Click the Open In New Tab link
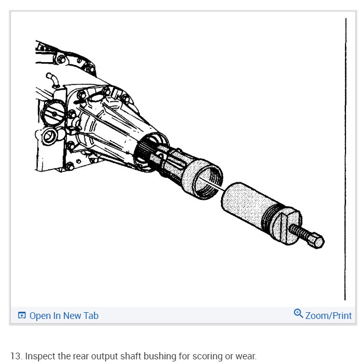click(x=64, y=315)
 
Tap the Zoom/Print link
click(x=328, y=315)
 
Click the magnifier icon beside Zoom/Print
click(x=298, y=314)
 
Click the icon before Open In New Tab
click(x=22, y=315)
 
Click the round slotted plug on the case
click(x=54, y=113)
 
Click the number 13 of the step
click(x=15, y=356)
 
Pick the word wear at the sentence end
click(x=246, y=356)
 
